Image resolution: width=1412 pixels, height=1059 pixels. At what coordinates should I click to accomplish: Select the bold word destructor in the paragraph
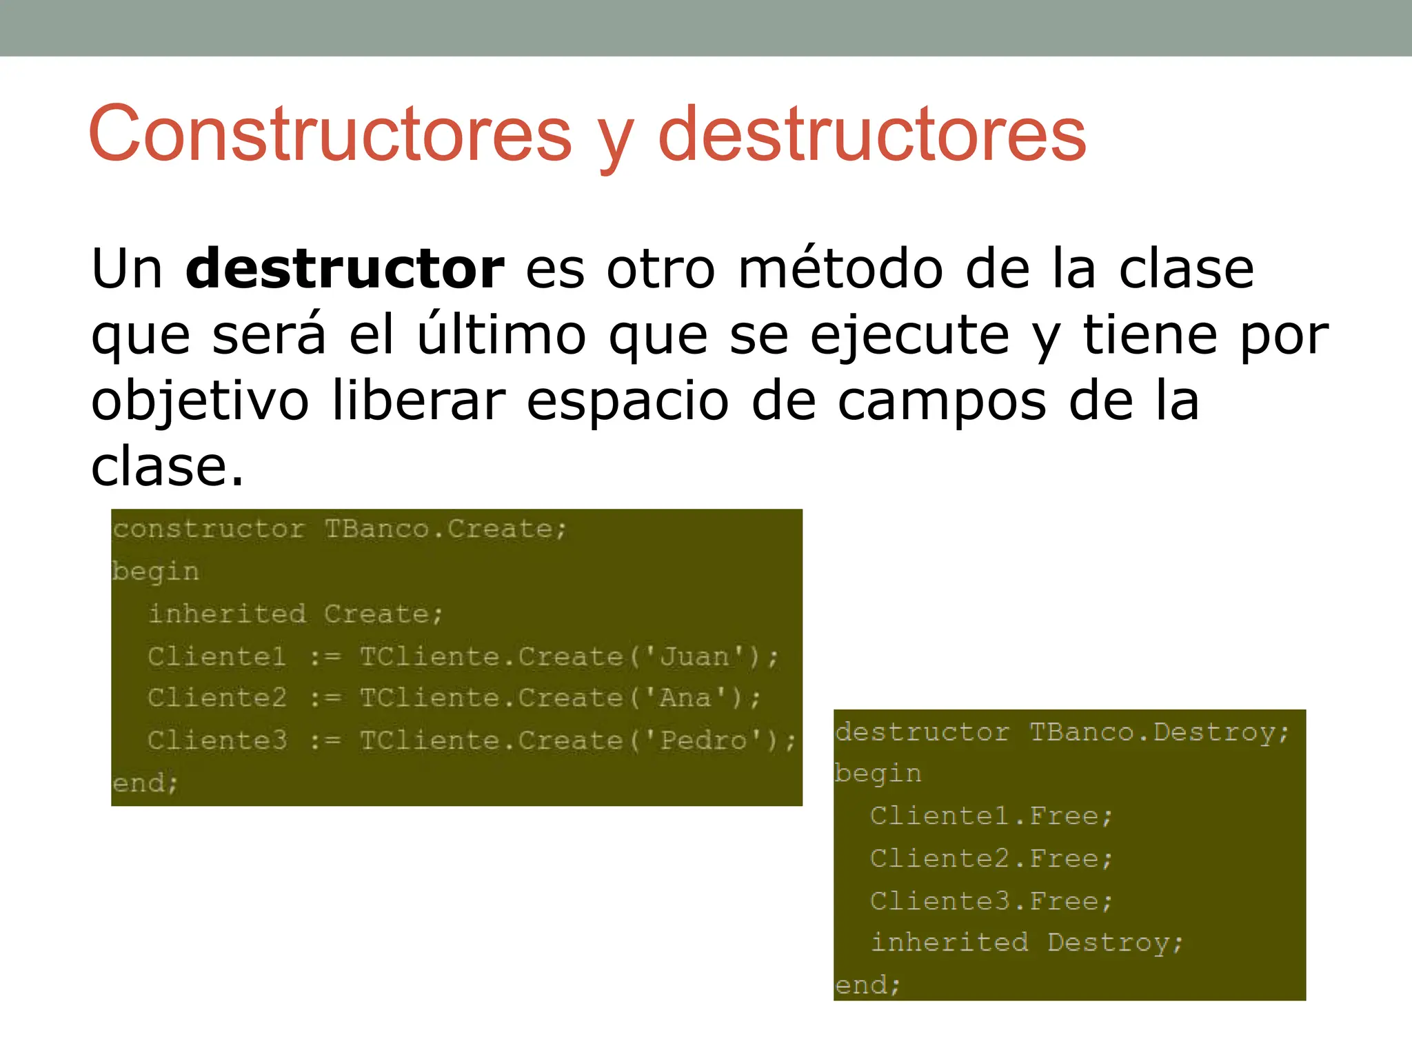click(345, 268)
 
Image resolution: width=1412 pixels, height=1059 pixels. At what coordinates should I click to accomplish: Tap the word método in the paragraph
click(840, 268)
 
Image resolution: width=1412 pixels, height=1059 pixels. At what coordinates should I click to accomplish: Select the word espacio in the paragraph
click(627, 402)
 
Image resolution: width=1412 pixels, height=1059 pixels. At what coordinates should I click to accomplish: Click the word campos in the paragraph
click(942, 402)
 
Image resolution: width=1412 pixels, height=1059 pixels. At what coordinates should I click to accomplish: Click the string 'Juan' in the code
click(695, 656)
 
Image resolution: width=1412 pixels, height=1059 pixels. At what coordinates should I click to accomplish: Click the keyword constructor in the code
click(208, 529)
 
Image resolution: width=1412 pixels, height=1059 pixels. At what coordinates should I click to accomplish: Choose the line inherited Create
click(295, 614)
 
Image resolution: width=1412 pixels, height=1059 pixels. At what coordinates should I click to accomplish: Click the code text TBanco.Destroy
click(1158, 732)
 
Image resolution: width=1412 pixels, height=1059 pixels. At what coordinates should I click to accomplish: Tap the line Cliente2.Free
click(991, 858)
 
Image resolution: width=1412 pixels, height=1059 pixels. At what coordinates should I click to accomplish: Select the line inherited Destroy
click(1027, 942)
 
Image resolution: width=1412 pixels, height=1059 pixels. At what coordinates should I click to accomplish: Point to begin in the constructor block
click(156, 572)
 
